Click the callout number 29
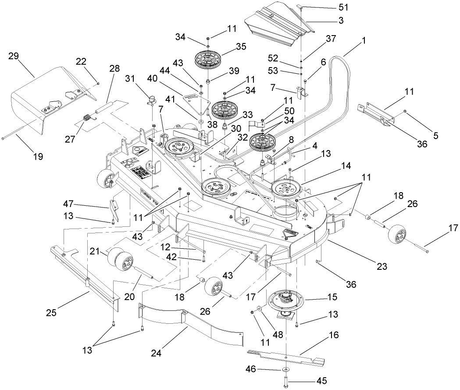pyautogui.click(x=14, y=56)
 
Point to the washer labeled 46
pyautogui.click(x=285, y=370)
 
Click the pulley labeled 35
pyautogui.click(x=208, y=58)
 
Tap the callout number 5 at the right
pyautogui.click(x=435, y=136)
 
